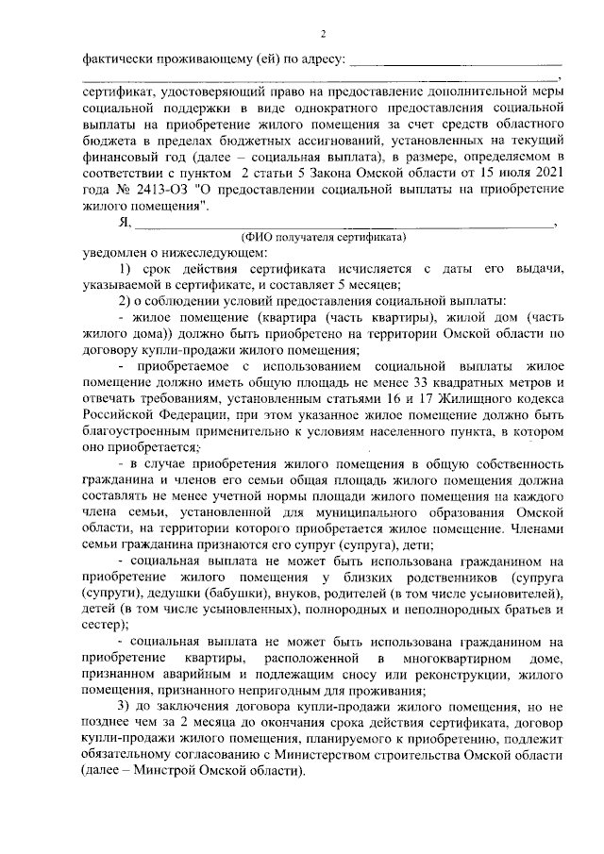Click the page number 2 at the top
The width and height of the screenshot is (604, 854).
pyautogui.click(x=323, y=35)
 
